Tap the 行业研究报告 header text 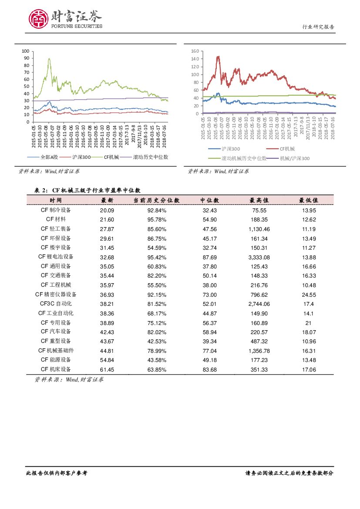(x=318, y=27)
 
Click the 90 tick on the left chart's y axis (x=26, y=58)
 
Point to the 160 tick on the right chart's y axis (x=195, y=51)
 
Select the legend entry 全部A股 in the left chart (x=40, y=157)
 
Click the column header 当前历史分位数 (x=156, y=200)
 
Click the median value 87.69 (x=209, y=257)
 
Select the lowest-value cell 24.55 (x=308, y=295)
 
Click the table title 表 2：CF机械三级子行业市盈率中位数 (x=87, y=190)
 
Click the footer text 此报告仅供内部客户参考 (x=57, y=473)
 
